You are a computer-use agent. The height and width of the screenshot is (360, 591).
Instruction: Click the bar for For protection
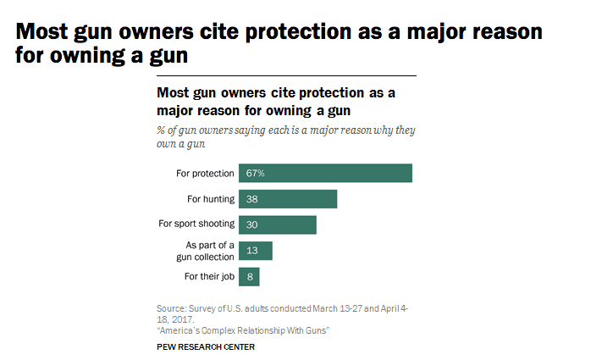point(325,173)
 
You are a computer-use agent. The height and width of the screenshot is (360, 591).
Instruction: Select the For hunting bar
point(288,199)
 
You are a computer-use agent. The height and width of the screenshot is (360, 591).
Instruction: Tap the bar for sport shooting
point(277,224)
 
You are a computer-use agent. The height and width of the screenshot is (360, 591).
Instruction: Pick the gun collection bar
point(255,251)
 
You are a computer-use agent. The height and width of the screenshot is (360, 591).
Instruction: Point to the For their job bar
point(249,276)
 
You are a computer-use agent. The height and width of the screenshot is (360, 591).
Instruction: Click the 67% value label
point(256,173)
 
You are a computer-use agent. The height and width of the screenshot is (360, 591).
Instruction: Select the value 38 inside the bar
point(251,199)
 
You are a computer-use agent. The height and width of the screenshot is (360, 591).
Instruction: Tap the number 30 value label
point(251,224)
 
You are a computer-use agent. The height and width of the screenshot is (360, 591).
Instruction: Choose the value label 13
point(251,251)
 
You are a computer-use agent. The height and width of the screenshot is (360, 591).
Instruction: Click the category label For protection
point(205,173)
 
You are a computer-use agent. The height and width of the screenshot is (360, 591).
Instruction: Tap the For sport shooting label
point(196,224)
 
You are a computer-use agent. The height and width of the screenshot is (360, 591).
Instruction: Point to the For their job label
point(209,276)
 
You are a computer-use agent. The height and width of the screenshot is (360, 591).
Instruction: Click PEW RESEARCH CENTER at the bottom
point(206,347)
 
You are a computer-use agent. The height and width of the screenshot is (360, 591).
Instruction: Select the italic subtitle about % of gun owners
point(286,136)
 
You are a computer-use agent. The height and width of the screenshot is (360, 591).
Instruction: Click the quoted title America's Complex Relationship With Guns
point(243,330)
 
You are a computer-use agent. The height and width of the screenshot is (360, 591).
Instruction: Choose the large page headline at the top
point(279,45)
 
